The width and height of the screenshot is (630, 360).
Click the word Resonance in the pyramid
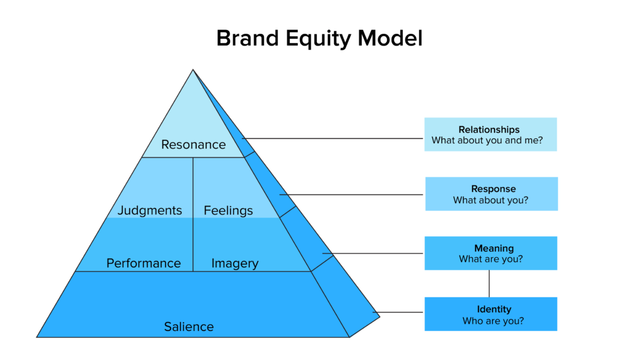(193, 145)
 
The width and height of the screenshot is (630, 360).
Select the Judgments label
(150, 210)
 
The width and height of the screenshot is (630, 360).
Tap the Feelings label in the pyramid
(228, 210)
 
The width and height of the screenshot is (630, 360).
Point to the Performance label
(143, 263)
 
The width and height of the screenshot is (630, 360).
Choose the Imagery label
(234, 263)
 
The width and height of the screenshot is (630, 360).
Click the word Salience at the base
(189, 326)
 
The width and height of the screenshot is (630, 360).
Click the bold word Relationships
(489, 130)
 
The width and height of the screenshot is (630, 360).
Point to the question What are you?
(491, 259)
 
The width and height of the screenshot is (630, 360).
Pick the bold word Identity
(493, 309)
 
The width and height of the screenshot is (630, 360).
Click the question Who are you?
(493, 321)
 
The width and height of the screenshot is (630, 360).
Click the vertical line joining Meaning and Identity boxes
(489, 284)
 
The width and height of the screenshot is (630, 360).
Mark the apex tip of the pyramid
(193, 70)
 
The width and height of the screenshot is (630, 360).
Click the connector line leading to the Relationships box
(338, 138)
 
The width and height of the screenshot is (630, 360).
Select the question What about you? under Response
(491, 200)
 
